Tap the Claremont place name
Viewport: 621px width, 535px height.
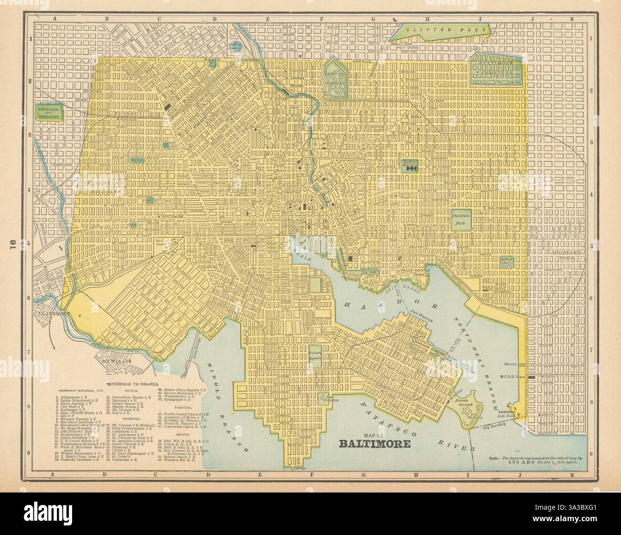[x=51, y=314]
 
